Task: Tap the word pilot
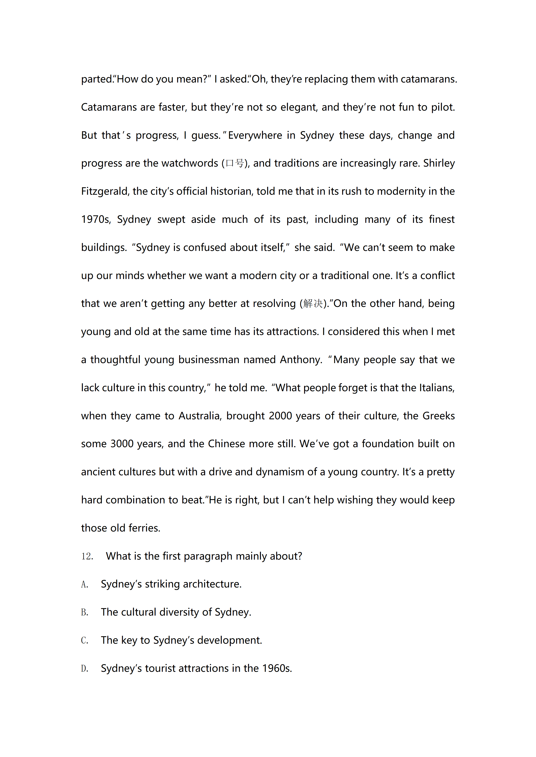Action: coord(443,107)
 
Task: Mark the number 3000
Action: coord(122,444)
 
